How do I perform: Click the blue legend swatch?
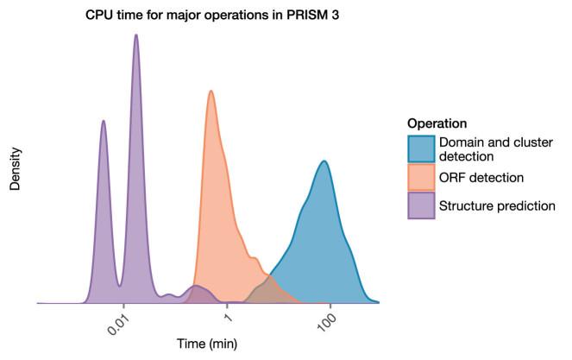(x=421, y=148)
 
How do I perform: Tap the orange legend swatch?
(x=421, y=177)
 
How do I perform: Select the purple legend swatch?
(x=421, y=205)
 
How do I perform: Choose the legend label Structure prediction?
(x=496, y=205)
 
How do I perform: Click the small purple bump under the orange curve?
(x=198, y=292)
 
